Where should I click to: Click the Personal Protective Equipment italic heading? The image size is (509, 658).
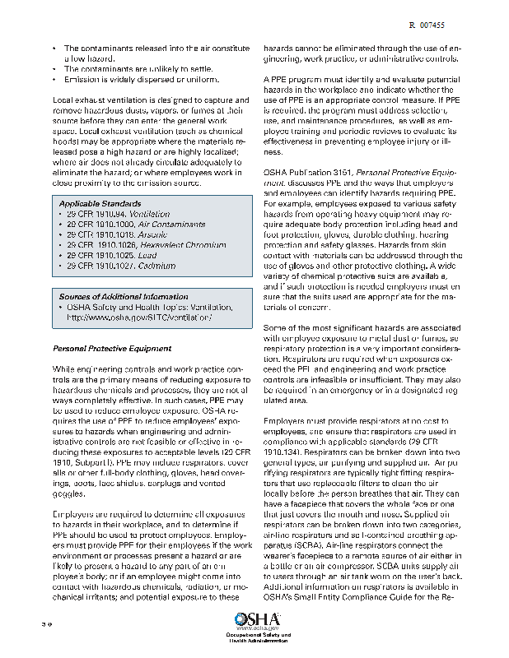pyautogui.click(x=112, y=349)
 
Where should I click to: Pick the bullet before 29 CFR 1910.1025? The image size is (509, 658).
pyautogui.click(x=61, y=256)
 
